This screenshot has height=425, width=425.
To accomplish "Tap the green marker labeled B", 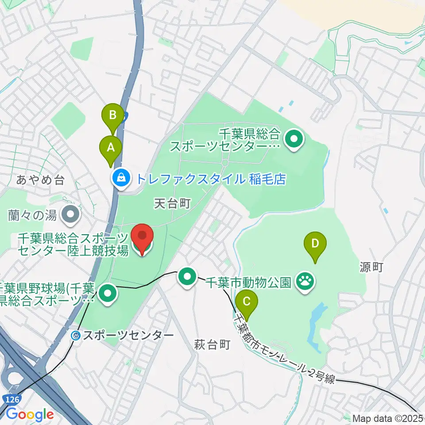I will pyautogui.click(x=113, y=116).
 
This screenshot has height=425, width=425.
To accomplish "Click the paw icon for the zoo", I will pyautogui.click(x=305, y=280).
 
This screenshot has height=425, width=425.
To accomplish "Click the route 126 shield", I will pyautogui.click(x=13, y=400).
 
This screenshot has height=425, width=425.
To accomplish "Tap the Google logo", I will pyautogui.click(x=30, y=415).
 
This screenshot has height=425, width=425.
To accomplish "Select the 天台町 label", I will pyautogui.click(x=172, y=203).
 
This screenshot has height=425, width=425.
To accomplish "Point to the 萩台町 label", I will pyautogui.click(x=212, y=345).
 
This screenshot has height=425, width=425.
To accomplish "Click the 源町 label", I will pyautogui.click(x=371, y=267).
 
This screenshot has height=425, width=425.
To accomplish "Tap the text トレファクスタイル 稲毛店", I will pyautogui.click(x=211, y=179).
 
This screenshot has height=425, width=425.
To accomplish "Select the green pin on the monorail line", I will pyautogui.click(x=187, y=278).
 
